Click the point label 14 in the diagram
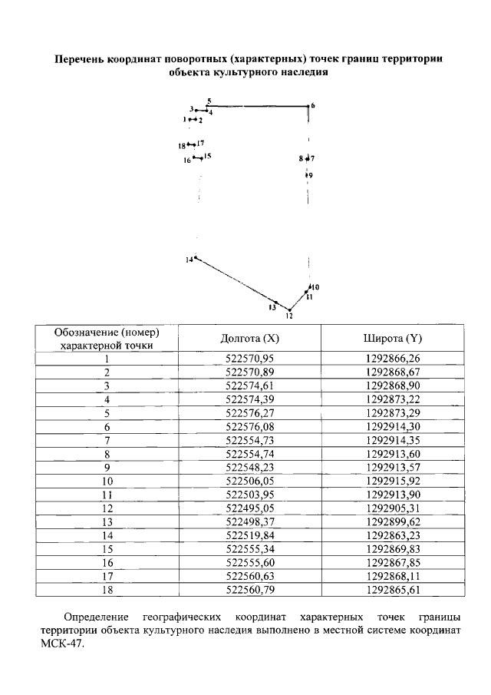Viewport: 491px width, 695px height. pyautogui.click(x=189, y=260)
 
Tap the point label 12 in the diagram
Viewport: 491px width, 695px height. pyautogui.click(x=289, y=316)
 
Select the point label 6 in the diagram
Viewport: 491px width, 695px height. pyautogui.click(x=313, y=105)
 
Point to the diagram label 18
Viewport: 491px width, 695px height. pyautogui.click(x=181, y=145)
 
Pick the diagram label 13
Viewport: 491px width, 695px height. pyautogui.click(x=272, y=306)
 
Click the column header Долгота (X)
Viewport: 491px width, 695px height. pyautogui.click(x=249, y=339)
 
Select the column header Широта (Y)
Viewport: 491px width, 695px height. pyautogui.click(x=393, y=339)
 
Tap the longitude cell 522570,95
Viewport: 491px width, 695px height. pyautogui.click(x=249, y=358)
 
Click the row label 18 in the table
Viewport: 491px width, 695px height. pyautogui.click(x=107, y=591)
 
